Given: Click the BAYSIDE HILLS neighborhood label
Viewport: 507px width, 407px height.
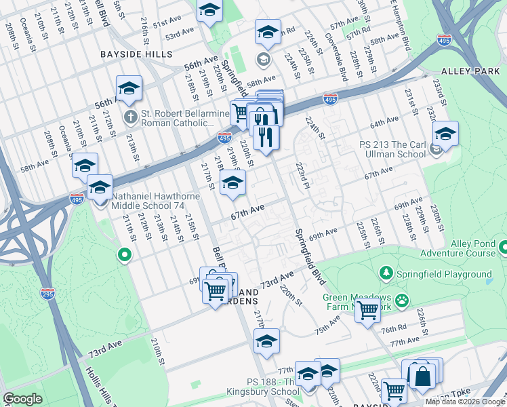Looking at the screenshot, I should click(x=136, y=54).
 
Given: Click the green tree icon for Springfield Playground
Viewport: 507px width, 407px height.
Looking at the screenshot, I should click(x=386, y=273).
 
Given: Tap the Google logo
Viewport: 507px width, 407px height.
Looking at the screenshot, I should click(x=24, y=399).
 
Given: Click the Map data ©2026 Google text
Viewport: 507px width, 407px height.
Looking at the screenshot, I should click(x=466, y=402).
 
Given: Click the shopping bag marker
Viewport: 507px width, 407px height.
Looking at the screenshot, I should click(x=422, y=376).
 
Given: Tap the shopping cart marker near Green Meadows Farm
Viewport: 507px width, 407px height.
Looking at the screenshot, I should click(x=367, y=311).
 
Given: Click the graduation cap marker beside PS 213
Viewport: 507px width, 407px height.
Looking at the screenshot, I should click(x=445, y=133).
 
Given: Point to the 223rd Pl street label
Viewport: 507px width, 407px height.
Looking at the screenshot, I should click(x=302, y=175).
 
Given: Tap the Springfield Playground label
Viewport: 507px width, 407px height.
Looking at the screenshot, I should click(x=444, y=274).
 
